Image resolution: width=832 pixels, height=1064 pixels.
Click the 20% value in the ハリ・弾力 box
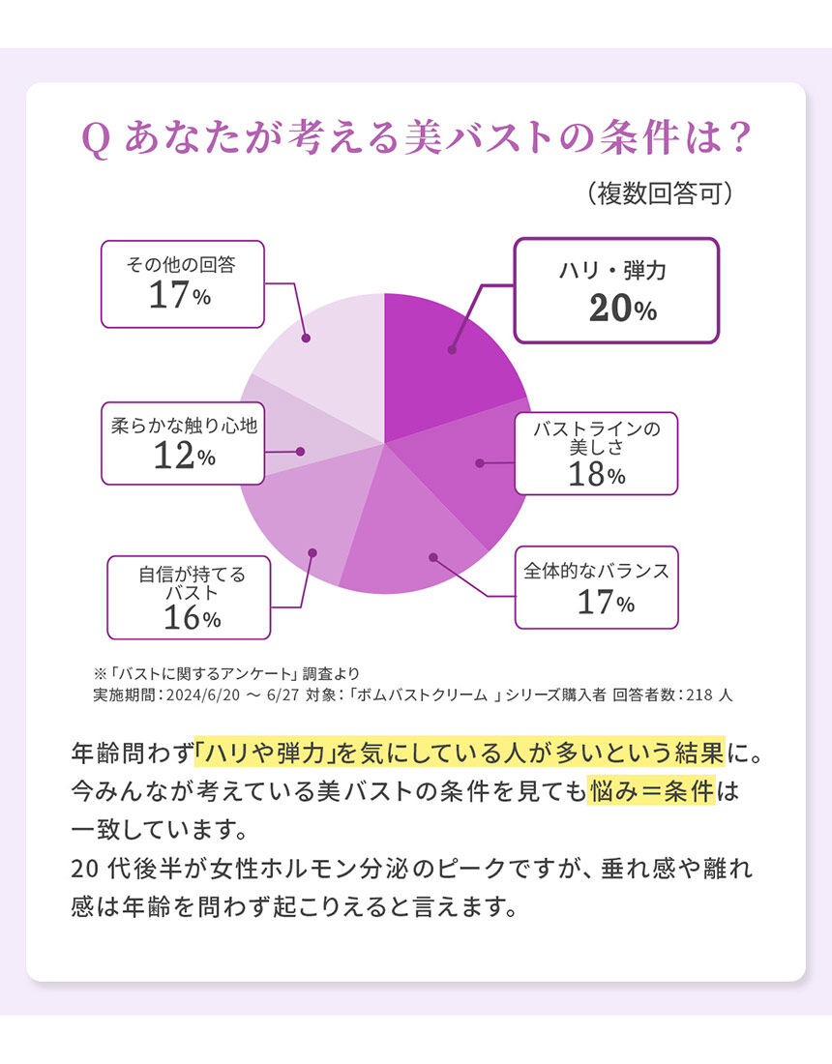(x=622, y=309)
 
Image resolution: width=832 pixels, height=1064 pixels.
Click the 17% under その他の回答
(x=180, y=296)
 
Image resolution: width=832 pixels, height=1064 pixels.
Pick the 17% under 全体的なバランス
(x=606, y=603)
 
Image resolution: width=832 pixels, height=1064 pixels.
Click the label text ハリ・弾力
(x=612, y=272)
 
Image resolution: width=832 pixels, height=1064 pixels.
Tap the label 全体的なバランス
(x=596, y=572)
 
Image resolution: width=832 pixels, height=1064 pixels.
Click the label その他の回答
(x=182, y=263)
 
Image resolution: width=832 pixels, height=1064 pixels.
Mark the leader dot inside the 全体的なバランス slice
(x=432, y=557)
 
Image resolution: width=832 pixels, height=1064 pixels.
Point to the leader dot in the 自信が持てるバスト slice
(x=312, y=552)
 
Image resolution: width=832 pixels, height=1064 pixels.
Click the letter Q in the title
(x=95, y=138)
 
